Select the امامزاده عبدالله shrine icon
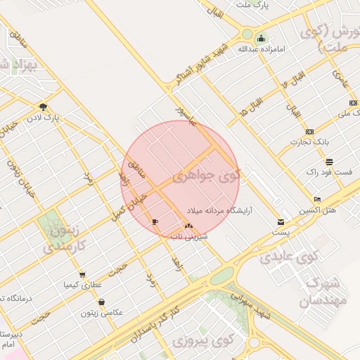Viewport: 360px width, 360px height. (262, 38)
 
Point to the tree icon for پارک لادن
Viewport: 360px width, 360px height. (44, 108)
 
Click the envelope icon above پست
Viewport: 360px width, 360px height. (281, 222)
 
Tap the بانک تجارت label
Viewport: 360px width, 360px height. (310, 143)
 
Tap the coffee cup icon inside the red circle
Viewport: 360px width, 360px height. (155, 221)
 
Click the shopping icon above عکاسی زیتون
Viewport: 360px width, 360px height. (102, 302)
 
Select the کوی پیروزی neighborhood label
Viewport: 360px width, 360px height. (202, 342)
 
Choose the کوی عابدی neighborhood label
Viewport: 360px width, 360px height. (289, 256)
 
